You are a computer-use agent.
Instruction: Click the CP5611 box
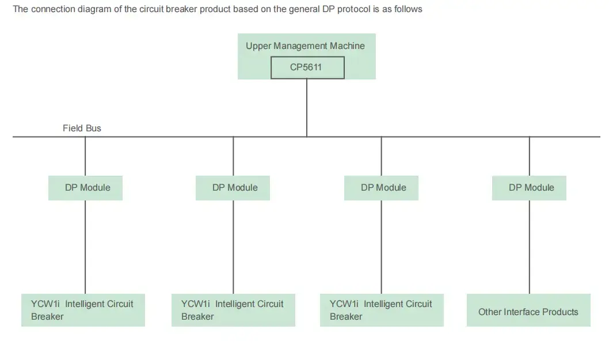307,67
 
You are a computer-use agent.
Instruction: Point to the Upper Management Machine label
305,46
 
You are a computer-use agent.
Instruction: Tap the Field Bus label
82,128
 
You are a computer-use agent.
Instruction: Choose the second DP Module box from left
234,188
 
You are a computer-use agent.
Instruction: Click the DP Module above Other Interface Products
530,188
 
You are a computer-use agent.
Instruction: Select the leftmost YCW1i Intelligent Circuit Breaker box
83,310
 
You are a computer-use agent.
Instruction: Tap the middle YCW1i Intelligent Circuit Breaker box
233,310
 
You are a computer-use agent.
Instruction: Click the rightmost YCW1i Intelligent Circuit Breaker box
382,310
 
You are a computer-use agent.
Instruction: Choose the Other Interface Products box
528,312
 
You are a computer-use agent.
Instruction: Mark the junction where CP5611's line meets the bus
307,137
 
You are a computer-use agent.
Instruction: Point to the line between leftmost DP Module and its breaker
85,248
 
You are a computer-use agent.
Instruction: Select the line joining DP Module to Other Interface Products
530,248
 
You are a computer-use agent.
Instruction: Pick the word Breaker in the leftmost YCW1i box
47,316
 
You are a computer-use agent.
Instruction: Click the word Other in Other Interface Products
490,312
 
